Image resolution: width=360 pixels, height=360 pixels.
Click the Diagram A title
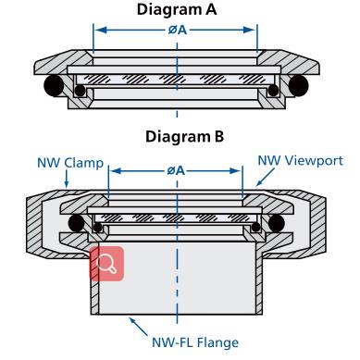pyautogui.click(x=177, y=9)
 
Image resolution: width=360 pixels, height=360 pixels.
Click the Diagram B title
pyautogui.click(x=184, y=136)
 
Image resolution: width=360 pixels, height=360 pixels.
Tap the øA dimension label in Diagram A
pyautogui.click(x=178, y=30)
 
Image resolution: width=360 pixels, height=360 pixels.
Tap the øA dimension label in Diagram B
pyautogui.click(x=176, y=170)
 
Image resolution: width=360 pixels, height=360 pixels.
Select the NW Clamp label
pyautogui.click(x=70, y=163)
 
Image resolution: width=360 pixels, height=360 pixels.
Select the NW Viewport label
pyautogui.click(x=301, y=161)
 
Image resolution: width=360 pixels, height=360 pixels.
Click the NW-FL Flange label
pyautogui.click(x=195, y=342)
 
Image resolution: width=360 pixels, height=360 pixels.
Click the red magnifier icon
pyautogui.click(x=106, y=264)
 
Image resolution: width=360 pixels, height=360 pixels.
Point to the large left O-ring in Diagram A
pyautogui.click(x=54, y=85)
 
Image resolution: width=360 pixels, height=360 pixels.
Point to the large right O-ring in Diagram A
pyautogui.click(x=299, y=85)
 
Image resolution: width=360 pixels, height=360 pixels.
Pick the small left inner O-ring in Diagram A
pyautogui.click(x=80, y=91)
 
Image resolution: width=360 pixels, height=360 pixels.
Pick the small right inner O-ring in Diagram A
pyautogui.click(x=273, y=91)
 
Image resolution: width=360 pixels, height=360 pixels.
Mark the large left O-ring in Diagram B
pyautogui.click(x=76, y=223)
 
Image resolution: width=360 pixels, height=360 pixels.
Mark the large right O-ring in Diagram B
pyautogui.click(x=276, y=223)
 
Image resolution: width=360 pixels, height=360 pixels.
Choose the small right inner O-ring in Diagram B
pyautogui.click(x=255, y=228)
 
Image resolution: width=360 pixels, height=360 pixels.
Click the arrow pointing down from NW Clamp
pyautogui.click(x=67, y=178)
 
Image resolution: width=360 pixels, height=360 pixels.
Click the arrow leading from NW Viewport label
pyautogui.click(x=266, y=177)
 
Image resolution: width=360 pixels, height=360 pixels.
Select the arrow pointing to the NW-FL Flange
pyautogui.click(x=138, y=327)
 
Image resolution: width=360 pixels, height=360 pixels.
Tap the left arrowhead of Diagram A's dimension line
pyautogui.click(x=100, y=30)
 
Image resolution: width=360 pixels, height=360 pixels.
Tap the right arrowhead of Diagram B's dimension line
pyautogui.click(x=235, y=170)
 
